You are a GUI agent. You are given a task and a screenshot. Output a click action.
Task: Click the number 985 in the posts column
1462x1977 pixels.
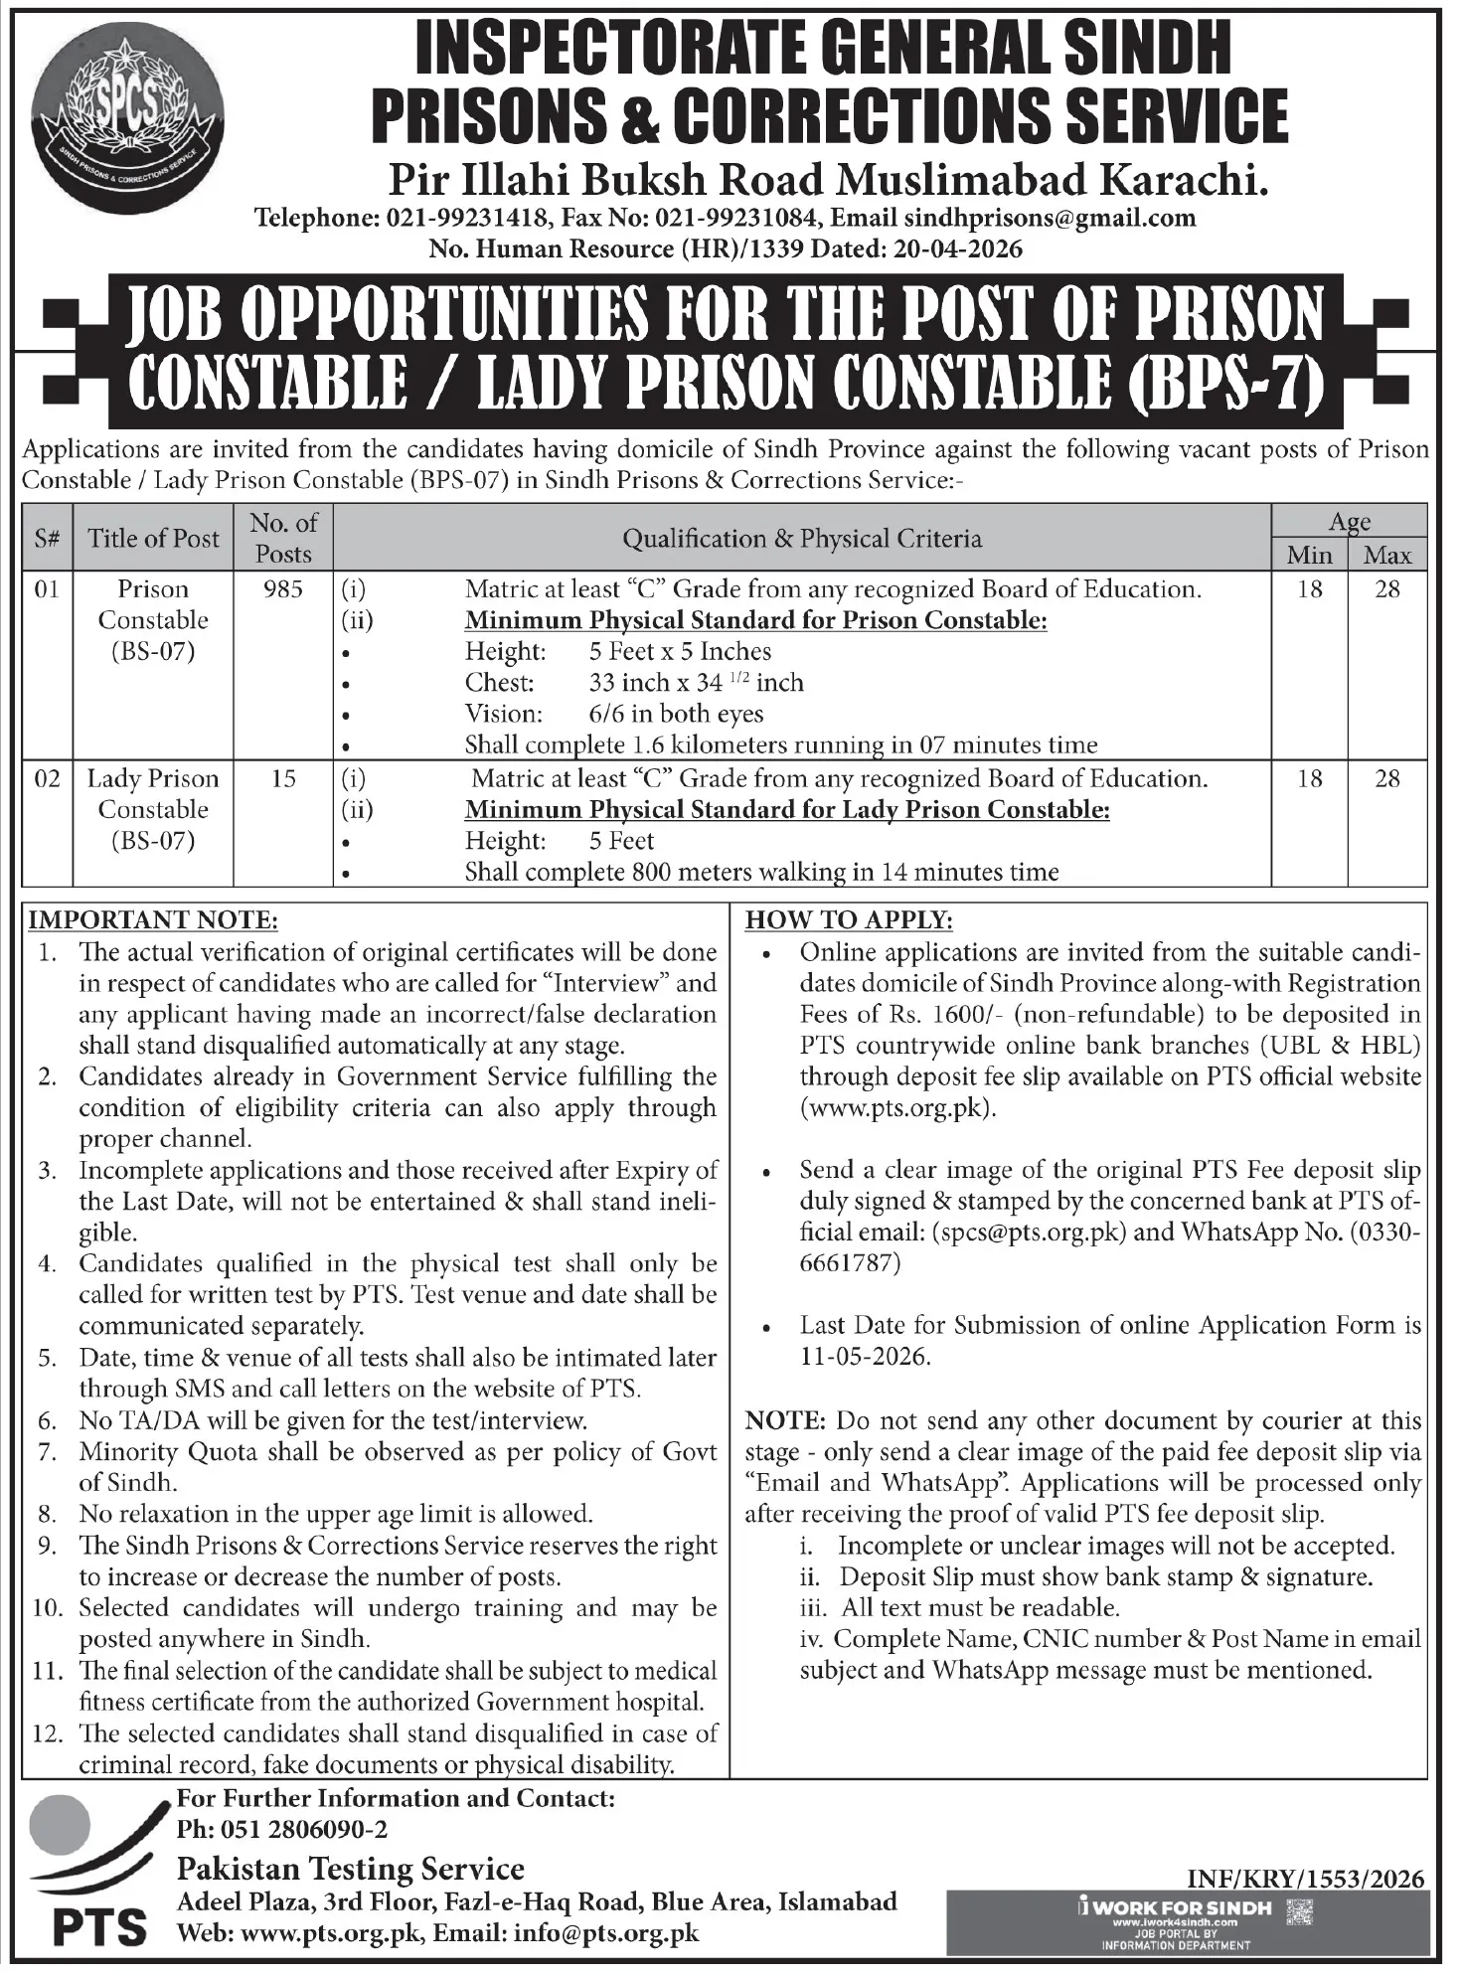click(283, 589)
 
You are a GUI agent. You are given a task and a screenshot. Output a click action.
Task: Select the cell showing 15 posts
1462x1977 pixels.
click(283, 778)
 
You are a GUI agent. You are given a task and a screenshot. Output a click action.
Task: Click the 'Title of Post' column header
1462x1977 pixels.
click(153, 539)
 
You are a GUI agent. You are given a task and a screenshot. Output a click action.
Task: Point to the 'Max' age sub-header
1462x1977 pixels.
click(1387, 555)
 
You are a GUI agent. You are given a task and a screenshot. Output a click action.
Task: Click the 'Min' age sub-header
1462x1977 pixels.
click(1309, 555)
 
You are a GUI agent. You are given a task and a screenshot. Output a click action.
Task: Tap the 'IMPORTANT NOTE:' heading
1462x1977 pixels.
click(153, 920)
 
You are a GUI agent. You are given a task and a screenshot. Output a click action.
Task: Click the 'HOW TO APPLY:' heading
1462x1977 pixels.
click(849, 920)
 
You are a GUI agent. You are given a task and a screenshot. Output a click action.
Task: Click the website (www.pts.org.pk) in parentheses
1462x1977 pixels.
click(897, 1108)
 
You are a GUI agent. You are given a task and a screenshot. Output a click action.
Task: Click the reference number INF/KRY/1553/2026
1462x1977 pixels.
click(1306, 1879)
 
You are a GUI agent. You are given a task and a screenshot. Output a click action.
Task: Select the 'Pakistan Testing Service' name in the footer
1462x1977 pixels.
click(350, 1869)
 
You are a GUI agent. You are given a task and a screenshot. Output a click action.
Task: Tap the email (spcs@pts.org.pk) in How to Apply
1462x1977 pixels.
click(1029, 1233)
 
